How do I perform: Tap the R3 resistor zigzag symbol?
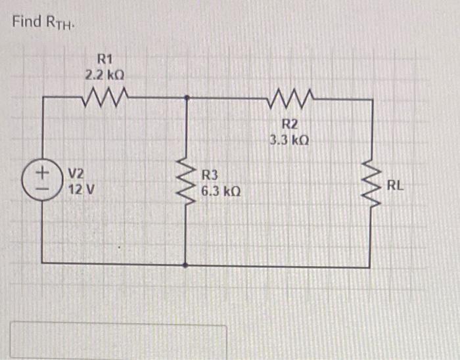(x=187, y=181)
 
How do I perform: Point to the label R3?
(x=209, y=175)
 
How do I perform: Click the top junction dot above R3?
(x=187, y=98)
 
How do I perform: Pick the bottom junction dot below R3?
(x=187, y=266)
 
